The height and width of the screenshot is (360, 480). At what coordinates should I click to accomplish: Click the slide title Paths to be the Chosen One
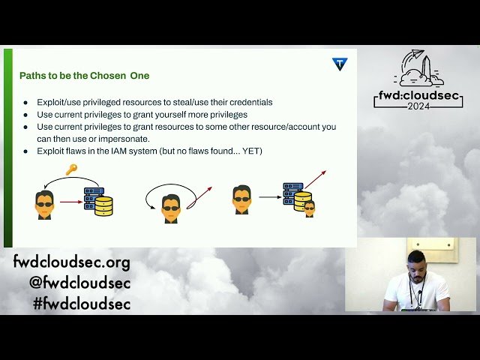point(84,76)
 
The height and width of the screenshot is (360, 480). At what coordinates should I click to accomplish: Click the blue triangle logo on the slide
point(340,64)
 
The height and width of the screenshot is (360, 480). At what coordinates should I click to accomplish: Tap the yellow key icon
point(71,169)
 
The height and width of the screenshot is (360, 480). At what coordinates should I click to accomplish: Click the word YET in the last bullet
point(250,151)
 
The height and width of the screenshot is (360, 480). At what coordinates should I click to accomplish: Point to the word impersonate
point(127,139)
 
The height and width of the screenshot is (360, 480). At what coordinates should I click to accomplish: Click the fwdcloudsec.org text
point(71,263)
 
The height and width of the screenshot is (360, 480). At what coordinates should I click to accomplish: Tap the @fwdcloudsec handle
point(79,283)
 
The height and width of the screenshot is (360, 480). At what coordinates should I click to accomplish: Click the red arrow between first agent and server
point(70,201)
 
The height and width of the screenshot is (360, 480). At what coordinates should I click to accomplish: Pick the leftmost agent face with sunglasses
point(44,203)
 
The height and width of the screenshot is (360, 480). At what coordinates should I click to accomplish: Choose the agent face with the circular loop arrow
point(172,206)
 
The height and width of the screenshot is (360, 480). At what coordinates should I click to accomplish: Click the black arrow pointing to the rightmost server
point(268,197)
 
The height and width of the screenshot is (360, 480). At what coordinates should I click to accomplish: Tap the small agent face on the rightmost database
point(309,208)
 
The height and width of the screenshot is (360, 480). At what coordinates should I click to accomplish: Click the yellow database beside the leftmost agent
point(103,206)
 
